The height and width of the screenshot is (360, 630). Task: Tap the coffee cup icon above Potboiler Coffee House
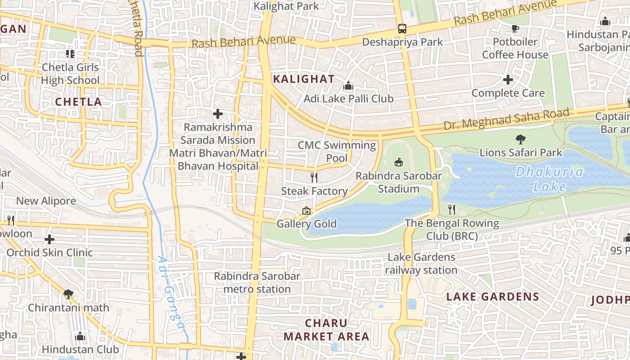pos(515,29)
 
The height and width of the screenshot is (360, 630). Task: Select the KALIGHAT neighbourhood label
pos(304,79)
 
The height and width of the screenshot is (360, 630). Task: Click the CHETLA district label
pos(79,102)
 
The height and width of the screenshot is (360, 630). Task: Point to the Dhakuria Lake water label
pos(549,179)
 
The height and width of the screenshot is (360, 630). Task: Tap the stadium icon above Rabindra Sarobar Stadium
pos(398,162)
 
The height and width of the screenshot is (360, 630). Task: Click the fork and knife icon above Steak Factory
pos(314,178)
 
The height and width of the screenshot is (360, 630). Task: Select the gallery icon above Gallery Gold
pos(306,210)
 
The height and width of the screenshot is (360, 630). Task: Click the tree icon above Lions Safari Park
pos(521,139)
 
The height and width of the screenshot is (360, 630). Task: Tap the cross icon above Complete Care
pos(508,80)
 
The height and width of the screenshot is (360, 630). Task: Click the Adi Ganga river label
pos(171,292)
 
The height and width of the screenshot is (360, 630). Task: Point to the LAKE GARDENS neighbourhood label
pos(492,297)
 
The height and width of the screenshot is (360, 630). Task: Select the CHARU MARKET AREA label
pos(326,330)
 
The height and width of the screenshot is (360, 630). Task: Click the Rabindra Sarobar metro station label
pos(257,283)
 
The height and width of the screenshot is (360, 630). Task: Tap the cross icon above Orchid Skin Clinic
pos(49,239)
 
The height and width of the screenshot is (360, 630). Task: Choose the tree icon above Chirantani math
pos(68,294)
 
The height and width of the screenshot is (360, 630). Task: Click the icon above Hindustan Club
pos(80,336)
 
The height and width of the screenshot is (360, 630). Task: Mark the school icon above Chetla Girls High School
pos(70,54)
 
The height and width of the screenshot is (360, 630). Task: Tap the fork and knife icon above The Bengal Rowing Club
pos(452,209)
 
